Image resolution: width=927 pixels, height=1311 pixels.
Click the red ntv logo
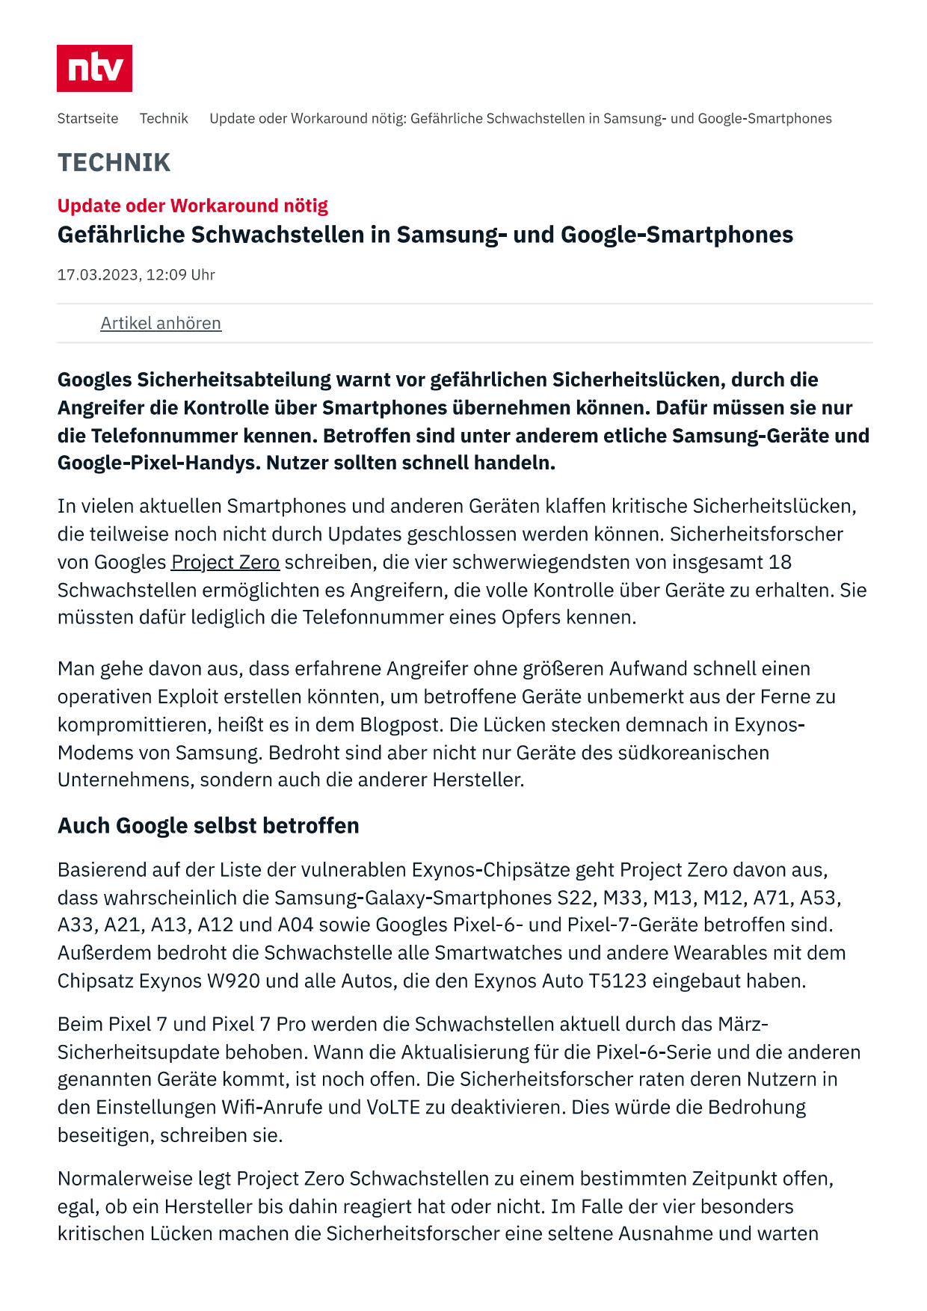pyautogui.click(x=94, y=68)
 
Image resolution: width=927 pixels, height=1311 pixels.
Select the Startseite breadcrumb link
pyautogui.click(x=87, y=118)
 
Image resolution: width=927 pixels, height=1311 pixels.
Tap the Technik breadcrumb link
pyautogui.click(x=164, y=118)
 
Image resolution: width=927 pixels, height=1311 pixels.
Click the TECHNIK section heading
pyautogui.click(x=114, y=162)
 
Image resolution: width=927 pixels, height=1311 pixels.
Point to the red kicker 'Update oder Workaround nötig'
pyautogui.click(x=192, y=206)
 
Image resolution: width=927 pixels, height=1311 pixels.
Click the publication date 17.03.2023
pyautogui.click(x=98, y=274)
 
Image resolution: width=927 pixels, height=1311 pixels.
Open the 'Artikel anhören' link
pyautogui.click(x=161, y=323)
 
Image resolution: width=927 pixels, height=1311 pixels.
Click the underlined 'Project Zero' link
pyautogui.click(x=225, y=562)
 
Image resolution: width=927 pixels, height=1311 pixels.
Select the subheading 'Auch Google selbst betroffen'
pyautogui.click(x=208, y=825)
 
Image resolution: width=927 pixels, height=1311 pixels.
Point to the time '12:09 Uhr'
pyautogui.click(x=180, y=274)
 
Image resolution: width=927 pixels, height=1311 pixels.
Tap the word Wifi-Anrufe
pyautogui.click(x=274, y=1107)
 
